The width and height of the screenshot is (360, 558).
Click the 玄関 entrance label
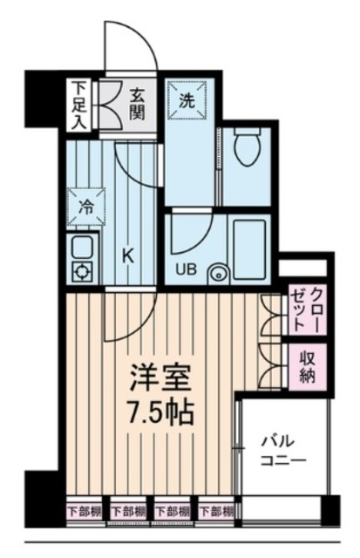tap(139, 104)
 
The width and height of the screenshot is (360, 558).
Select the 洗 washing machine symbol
tap(187, 99)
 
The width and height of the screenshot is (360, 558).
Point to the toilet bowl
tap(247, 147)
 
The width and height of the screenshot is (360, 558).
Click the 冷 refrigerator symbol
tap(86, 208)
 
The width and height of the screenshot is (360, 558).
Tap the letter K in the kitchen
tap(127, 256)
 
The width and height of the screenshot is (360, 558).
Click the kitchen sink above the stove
tap(82, 247)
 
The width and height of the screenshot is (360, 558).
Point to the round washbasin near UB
tap(216, 276)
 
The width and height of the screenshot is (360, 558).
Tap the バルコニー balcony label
tap(281, 450)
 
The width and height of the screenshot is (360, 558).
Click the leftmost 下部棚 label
tap(85, 510)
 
